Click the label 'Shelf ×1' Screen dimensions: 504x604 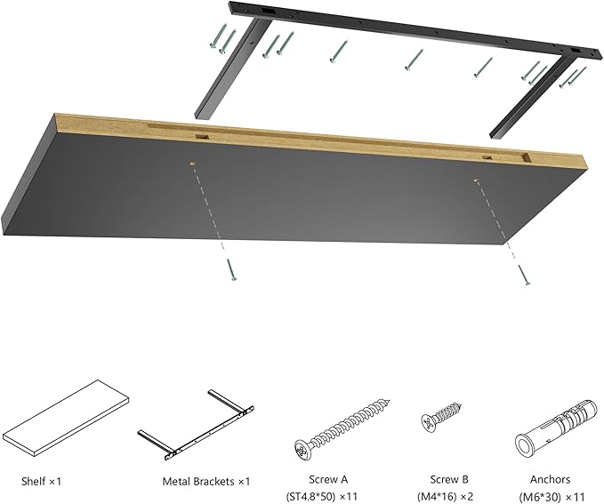tap(42, 481)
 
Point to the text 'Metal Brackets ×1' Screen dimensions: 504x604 tap(205, 481)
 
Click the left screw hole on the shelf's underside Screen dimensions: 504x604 tap(193, 165)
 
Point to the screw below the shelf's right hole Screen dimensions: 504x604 tap(525, 276)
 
